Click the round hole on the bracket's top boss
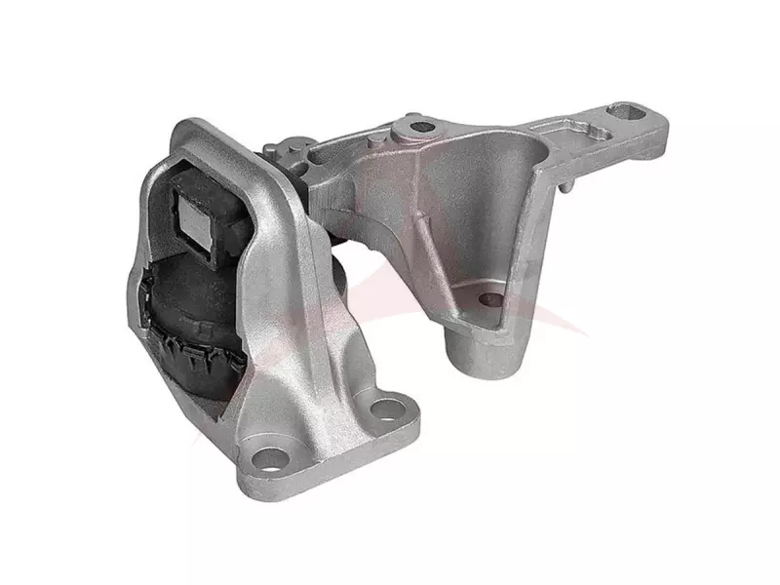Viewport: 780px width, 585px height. pyautogui.click(x=421, y=127)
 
